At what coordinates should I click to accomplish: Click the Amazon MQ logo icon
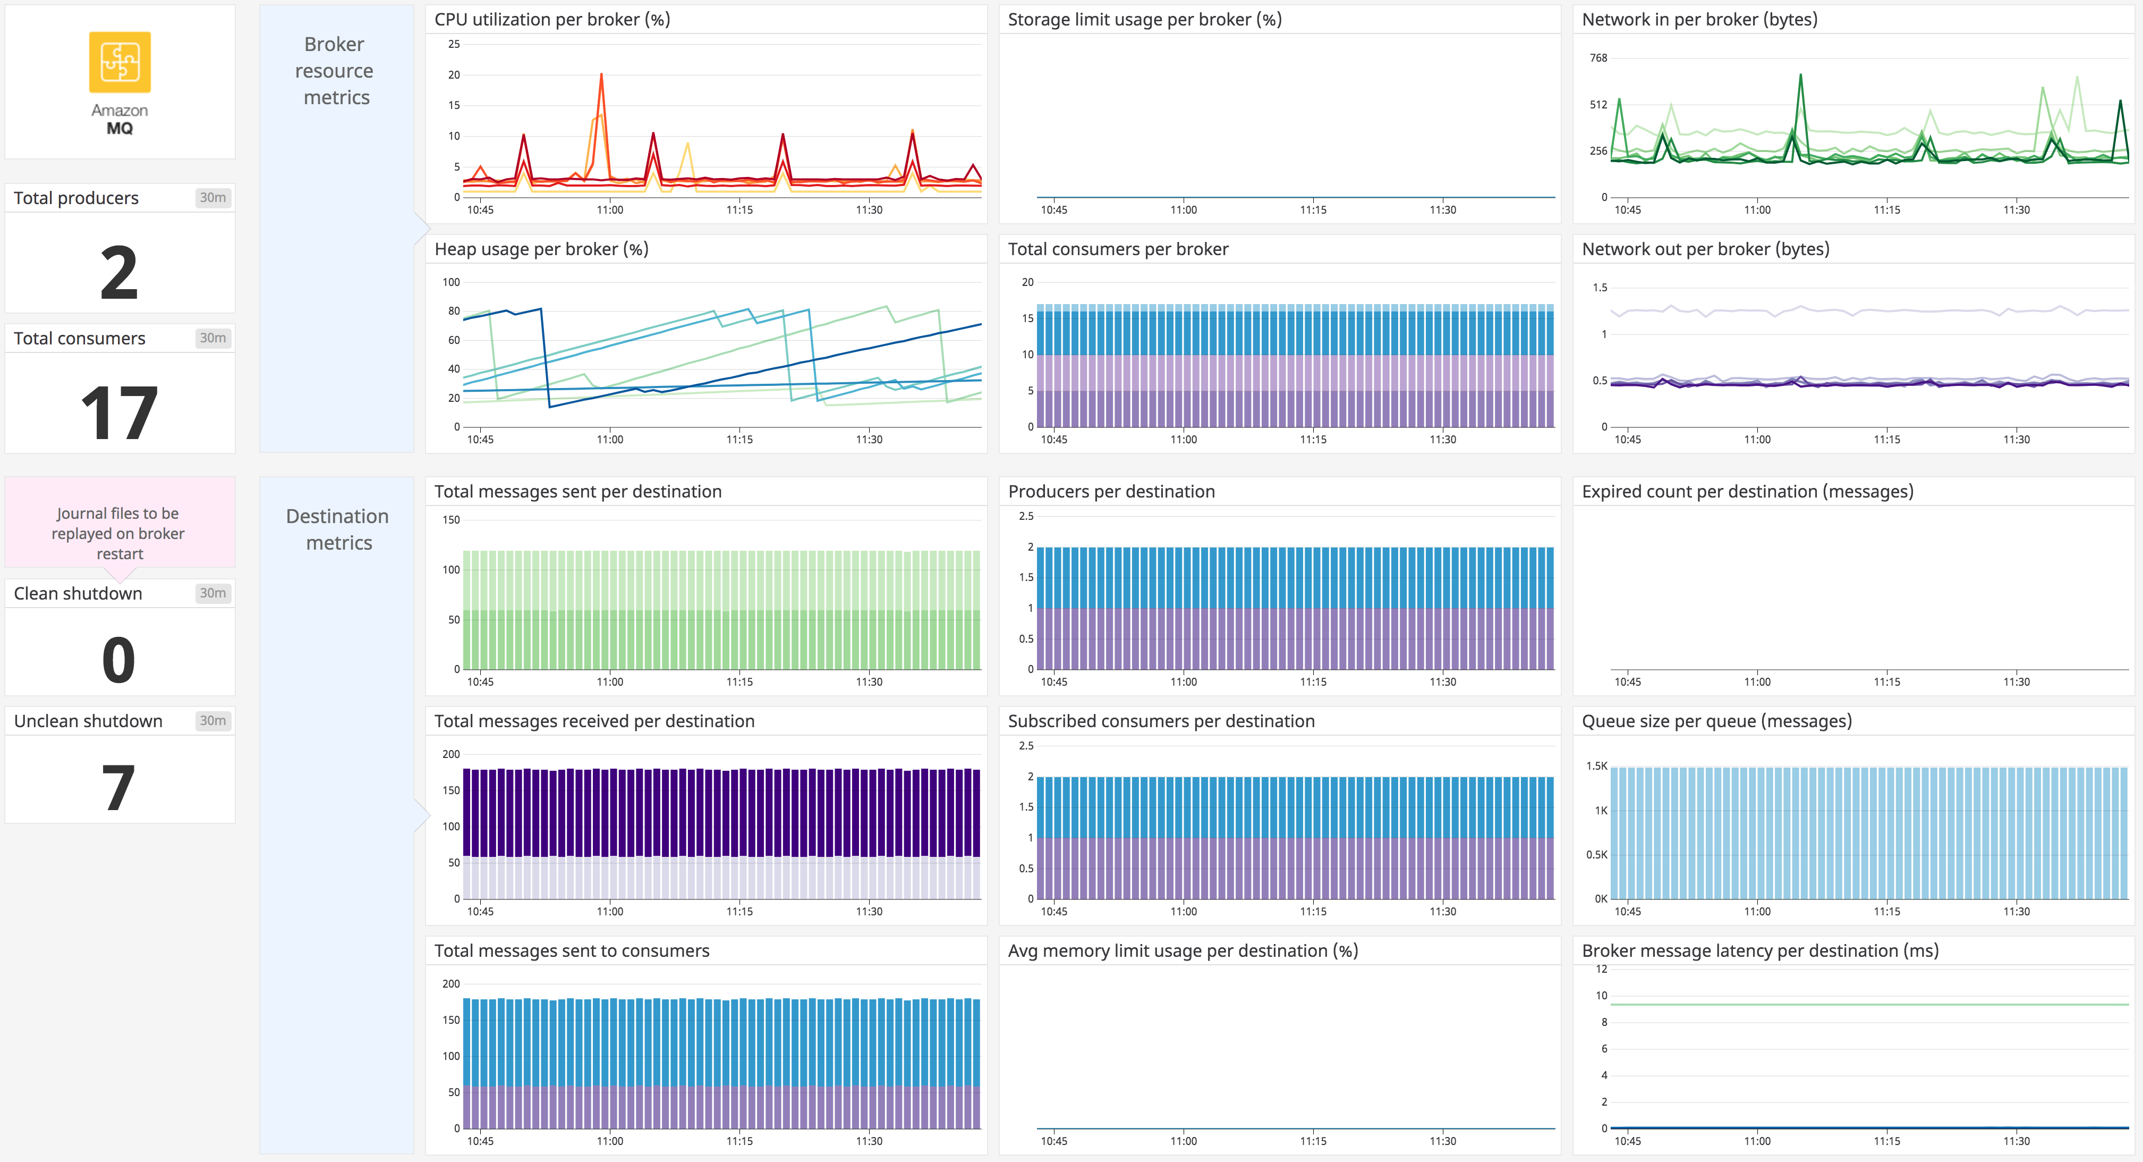120,62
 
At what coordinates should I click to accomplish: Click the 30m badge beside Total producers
212,197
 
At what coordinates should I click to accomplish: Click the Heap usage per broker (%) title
541,249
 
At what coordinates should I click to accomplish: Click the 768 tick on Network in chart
1598,57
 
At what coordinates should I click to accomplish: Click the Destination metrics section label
337,529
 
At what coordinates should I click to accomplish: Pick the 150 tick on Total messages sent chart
451,519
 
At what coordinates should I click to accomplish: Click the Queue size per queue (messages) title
1716,721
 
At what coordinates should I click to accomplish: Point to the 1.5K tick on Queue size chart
1596,766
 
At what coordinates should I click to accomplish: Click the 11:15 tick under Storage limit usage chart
1313,210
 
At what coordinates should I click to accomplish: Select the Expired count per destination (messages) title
1747,491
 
